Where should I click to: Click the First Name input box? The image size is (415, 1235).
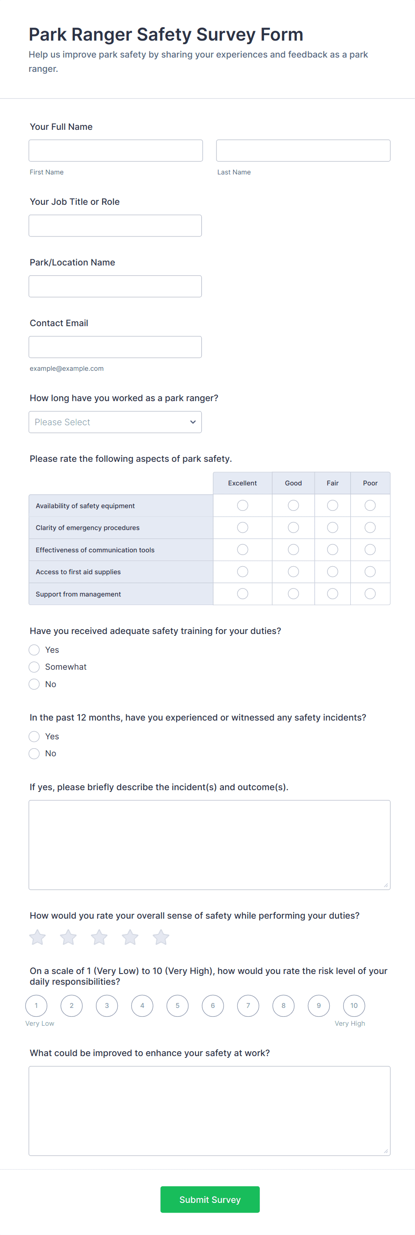[116, 150]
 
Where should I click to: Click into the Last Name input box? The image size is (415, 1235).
[303, 150]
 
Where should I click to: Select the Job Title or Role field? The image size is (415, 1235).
[115, 226]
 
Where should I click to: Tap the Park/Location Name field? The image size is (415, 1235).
[115, 286]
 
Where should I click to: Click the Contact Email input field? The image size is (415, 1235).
[115, 347]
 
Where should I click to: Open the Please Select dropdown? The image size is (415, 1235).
[115, 422]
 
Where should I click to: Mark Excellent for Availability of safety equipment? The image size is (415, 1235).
[243, 506]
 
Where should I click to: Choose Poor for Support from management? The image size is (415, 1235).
[370, 593]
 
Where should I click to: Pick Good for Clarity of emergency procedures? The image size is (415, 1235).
[293, 527]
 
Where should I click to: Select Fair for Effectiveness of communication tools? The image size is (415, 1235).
[332, 549]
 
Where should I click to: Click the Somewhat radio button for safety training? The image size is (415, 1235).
[34, 667]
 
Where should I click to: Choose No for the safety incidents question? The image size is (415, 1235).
[34, 754]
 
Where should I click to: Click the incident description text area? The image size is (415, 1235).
[209, 845]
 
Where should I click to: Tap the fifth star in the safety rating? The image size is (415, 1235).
[161, 937]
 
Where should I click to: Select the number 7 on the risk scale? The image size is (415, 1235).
[248, 1005]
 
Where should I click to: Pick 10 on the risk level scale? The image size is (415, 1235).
[354, 1005]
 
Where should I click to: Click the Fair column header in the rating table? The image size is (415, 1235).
[332, 483]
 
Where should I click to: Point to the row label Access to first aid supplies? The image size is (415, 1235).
[78, 572]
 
